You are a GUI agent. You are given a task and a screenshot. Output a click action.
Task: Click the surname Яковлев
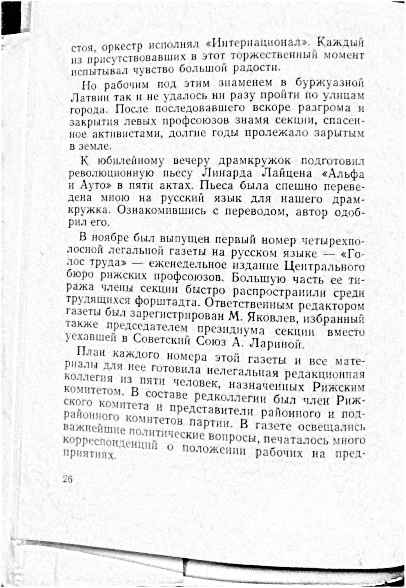coord(274,319)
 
